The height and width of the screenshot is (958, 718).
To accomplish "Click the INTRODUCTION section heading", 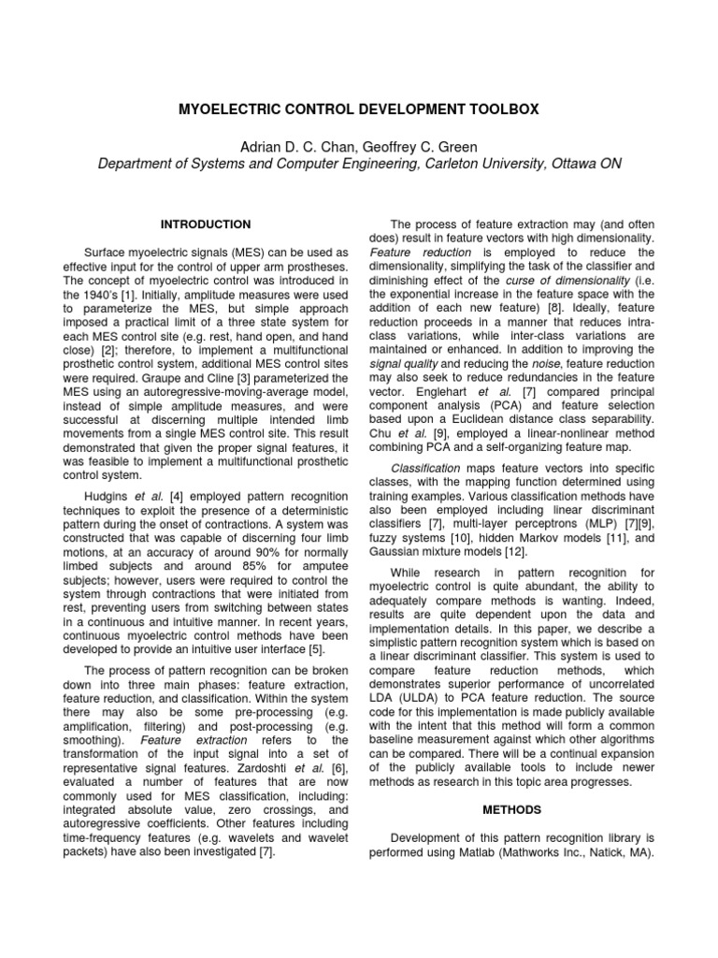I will [x=206, y=225].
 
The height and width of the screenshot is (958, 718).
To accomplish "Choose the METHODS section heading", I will [x=511, y=808].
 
